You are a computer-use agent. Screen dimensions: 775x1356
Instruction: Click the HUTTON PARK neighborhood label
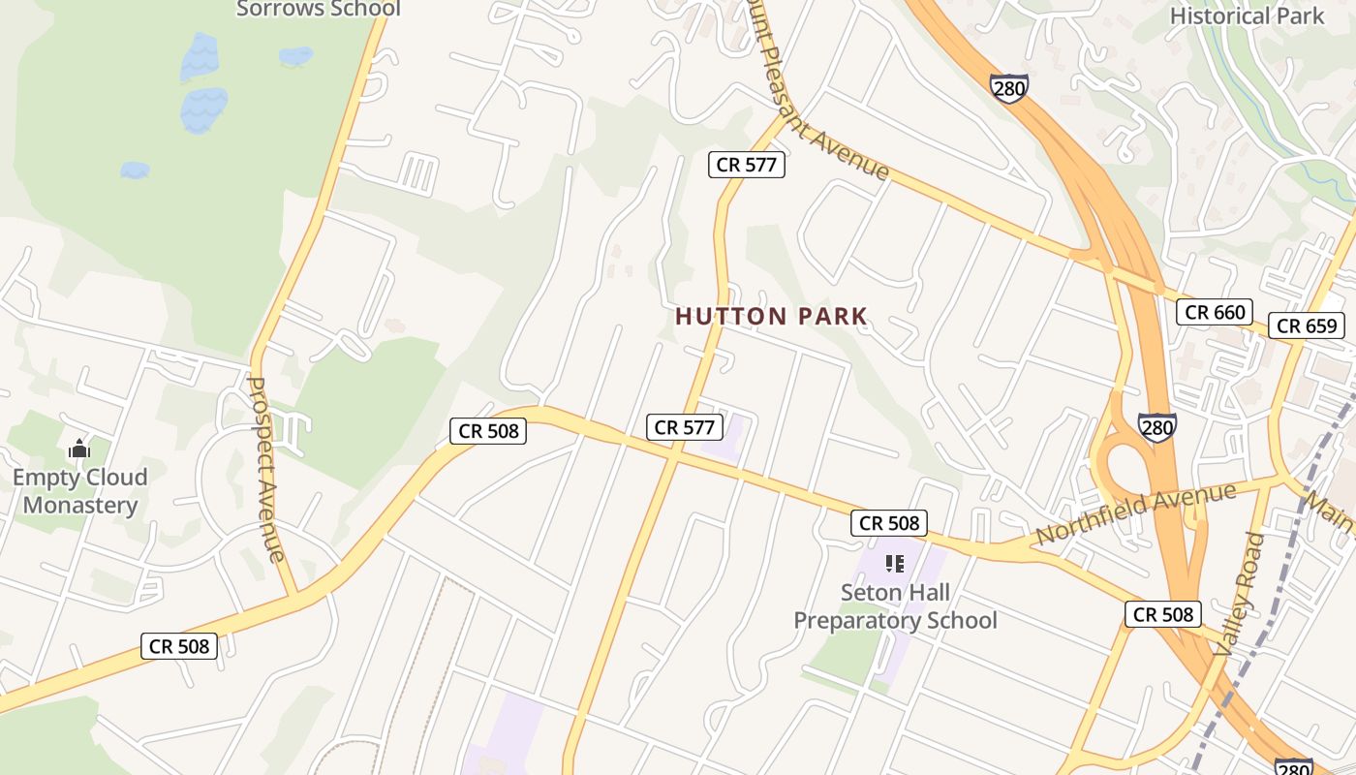click(x=771, y=317)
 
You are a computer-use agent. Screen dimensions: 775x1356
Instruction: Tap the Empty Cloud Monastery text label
click(x=80, y=491)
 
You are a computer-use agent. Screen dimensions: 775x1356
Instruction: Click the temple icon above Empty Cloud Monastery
click(x=79, y=449)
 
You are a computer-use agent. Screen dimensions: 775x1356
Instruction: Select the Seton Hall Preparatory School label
click(x=895, y=606)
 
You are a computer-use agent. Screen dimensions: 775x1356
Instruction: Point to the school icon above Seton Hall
click(x=895, y=563)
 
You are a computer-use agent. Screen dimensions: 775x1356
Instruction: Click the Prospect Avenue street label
click(x=266, y=469)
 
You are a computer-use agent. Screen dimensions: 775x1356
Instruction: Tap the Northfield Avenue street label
click(x=1135, y=514)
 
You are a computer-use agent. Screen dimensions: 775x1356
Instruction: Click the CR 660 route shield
click(x=1215, y=312)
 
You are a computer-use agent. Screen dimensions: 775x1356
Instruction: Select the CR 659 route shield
click(x=1307, y=325)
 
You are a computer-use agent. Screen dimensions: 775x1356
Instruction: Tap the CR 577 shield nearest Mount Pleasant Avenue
click(x=746, y=165)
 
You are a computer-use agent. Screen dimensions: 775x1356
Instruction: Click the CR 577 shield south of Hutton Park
click(x=685, y=426)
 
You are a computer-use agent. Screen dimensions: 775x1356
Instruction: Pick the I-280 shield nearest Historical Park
click(x=1009, y=87)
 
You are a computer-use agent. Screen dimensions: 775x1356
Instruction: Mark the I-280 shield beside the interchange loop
click(x=1157, y=427)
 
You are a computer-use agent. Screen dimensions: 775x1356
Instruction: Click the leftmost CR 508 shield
click(x=179, y=646)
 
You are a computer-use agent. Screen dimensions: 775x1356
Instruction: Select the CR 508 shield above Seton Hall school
click(x=889, y=523)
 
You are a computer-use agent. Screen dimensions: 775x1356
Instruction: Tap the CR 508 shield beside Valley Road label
click(x=1163, y=614)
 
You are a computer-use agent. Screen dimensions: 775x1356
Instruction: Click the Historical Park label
click(x=1247, y=15)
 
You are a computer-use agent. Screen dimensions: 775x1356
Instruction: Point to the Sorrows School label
click(x=319, y=9)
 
